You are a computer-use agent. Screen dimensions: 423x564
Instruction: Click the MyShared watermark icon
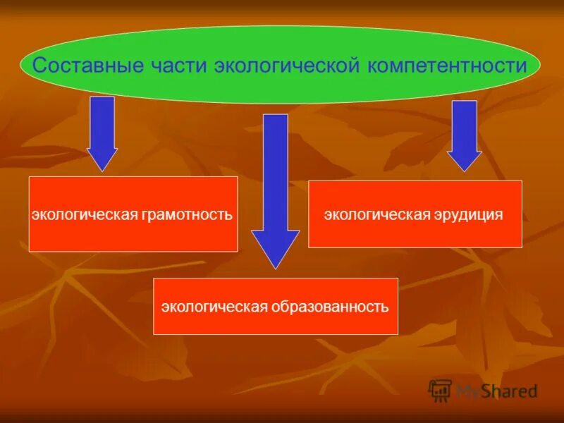point(440,390)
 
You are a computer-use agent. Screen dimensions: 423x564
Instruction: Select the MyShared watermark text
point(496,391)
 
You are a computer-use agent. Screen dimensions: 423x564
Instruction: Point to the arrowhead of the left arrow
point(102,159)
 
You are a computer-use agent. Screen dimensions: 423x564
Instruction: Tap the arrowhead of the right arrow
point(464,161)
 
